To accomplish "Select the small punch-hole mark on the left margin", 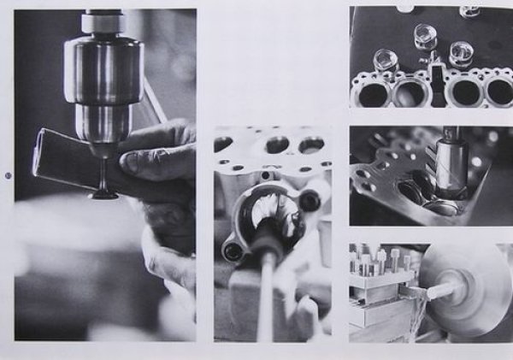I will click(x=8, y=175).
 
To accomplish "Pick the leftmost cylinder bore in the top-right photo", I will click(x=372, y=92).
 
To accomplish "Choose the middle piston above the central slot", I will click(x=425, y=37).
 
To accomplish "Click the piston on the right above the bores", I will click(x=462, y=53).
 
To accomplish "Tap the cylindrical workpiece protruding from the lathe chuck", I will click(x=441, y=290).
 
